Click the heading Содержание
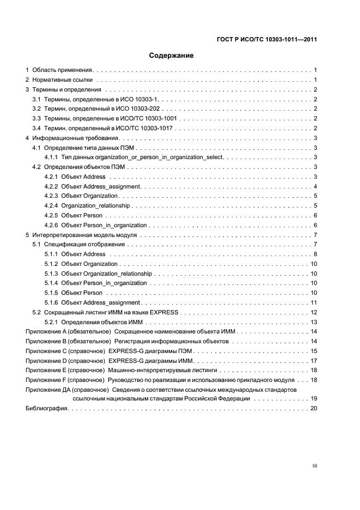172,56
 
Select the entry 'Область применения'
63,70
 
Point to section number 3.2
36,108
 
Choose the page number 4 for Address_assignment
315,186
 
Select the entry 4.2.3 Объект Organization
81,196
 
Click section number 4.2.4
51,205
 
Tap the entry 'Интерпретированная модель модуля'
84,235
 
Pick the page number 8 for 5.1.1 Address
315,254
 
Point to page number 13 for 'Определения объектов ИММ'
314,322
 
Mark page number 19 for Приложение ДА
314,399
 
